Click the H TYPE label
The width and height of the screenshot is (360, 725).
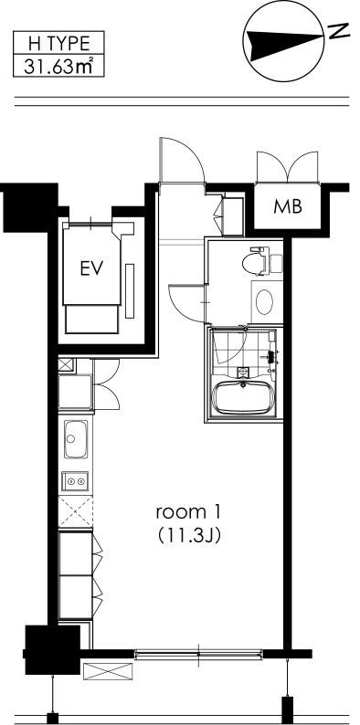point(58,44)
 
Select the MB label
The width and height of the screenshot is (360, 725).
point(288,206)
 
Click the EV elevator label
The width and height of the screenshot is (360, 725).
point(91,268)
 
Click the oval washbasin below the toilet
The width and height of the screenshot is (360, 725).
point(264,301)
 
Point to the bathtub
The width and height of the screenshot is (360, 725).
point(243,397)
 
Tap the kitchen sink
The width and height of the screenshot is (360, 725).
point(76,439)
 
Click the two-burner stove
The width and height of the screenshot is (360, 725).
point(76,481)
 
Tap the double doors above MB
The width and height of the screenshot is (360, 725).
point(288,167)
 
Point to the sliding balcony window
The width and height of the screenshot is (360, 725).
point(198,654)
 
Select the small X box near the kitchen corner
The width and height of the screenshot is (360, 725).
point(64,365)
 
